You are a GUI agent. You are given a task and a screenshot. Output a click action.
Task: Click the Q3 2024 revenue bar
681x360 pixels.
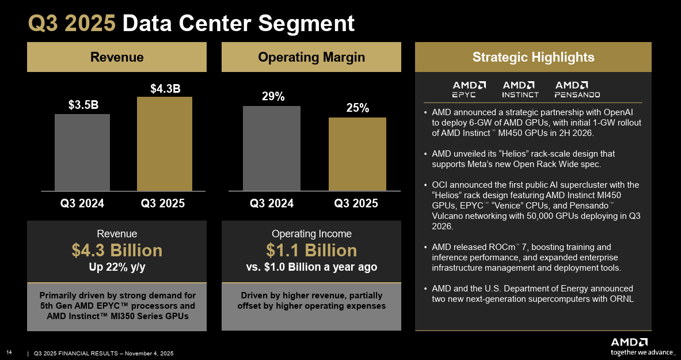click(x=82, y=152)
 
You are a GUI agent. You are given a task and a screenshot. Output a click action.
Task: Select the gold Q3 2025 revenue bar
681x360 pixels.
click(x=165, y=143)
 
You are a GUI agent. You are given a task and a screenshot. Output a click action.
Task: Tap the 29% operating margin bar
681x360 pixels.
click(x=272, y=148)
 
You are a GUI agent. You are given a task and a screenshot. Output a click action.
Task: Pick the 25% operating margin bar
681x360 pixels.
click(x=357, y=154)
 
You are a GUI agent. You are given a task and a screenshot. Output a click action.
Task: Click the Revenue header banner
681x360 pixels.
click(x=117, y=57)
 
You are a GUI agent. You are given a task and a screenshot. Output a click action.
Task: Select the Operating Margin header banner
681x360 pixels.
click(x=311, y=57)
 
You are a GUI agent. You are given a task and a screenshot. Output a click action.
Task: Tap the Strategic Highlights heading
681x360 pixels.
click(x=533, y=57)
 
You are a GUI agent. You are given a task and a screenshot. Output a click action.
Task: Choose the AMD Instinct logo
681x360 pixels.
click(x=520, y=89)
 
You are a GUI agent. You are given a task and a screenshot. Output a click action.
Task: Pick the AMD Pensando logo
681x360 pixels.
click(x=577, y=89)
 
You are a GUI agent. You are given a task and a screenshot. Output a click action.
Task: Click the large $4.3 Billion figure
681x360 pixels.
click(x=117, y=251)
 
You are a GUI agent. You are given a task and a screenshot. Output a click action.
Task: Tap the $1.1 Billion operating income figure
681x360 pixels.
click(x=311, y=251)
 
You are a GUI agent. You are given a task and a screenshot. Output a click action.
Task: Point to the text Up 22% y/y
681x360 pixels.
click(x=117, y=267)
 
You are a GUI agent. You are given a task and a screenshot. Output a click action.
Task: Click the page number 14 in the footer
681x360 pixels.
click(x=9, y=353)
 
